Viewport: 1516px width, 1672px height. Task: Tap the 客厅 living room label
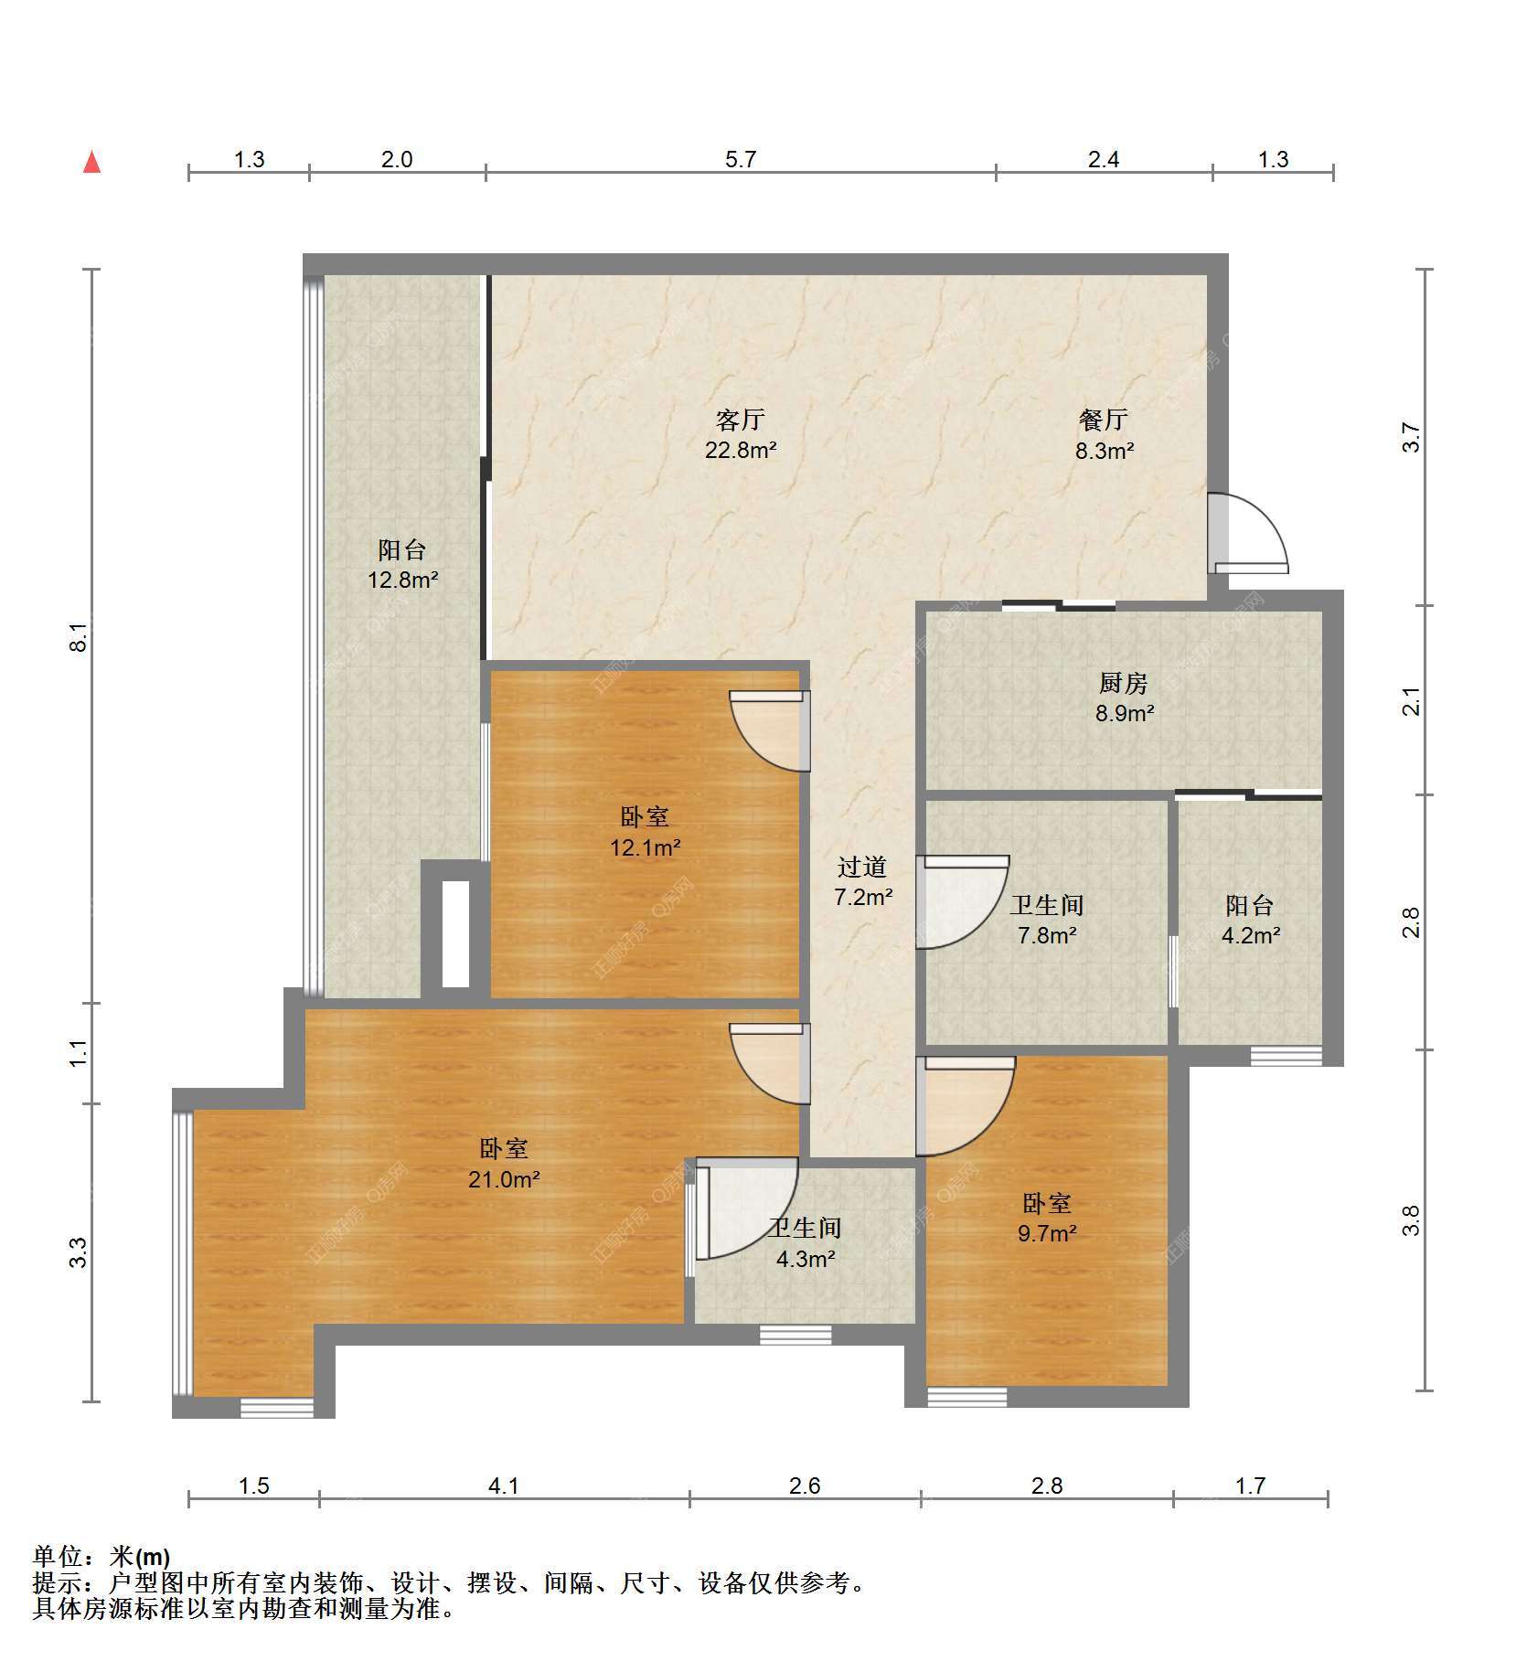coord(740,421)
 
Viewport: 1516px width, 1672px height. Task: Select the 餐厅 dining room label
coord(1104,421)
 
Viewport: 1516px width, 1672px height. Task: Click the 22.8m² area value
coord(740,451)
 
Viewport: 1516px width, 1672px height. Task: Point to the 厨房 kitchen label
coord(1124,683)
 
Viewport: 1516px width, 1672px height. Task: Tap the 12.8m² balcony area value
coord(402,580)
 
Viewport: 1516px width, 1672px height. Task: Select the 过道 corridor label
coord(862,867)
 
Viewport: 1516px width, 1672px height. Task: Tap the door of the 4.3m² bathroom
coord(746,1208)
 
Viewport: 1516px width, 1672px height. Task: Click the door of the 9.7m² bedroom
coord(966,1105)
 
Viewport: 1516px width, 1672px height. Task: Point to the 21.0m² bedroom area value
coord(504,1179)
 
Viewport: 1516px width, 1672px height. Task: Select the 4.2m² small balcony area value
coord(1250,935)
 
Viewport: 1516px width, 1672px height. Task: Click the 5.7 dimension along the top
coord(741,159)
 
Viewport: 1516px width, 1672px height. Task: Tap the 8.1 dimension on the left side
coord(80,636)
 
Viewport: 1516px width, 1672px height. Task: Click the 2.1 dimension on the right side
coord(1412,701)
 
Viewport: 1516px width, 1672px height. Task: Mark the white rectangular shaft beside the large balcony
coord(455,933)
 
